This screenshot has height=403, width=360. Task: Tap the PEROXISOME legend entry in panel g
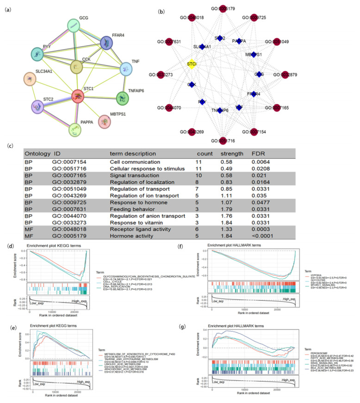(316, 353)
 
